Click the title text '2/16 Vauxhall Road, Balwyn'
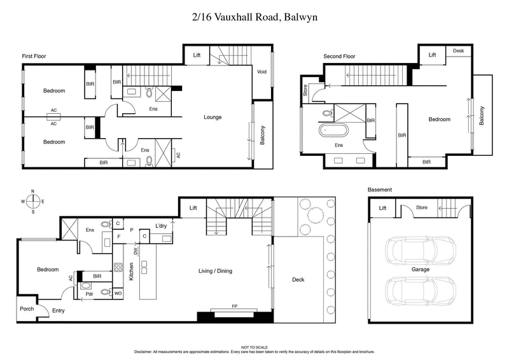[254, 17]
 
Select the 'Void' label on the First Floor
[261, 71]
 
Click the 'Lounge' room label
[213, 117]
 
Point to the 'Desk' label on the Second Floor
[458, 51]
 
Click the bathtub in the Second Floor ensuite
[334, 132]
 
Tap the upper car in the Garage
[421, 250]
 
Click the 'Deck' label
[298, 279]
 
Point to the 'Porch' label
[27, 309]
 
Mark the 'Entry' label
[59, 310]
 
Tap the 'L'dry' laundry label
[161, 226]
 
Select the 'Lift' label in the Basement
[382, 208]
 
